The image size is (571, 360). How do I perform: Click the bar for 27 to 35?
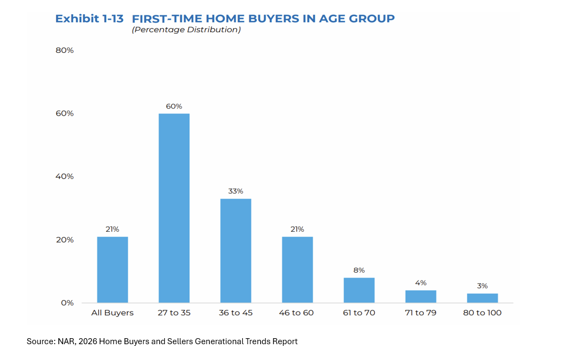[174, 208]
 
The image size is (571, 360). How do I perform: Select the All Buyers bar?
[112, 269]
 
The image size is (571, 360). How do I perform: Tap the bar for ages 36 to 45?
[236, 251]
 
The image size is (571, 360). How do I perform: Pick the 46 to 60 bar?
[298, 269]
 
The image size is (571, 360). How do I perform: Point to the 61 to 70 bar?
[359, 290]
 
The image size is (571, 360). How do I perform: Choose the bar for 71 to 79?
[420, 297]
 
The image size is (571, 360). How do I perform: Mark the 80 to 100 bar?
[483, 298]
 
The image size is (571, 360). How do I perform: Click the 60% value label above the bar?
[174, 106]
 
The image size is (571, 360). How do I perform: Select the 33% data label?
[236, 191]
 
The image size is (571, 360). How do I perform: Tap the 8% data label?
[359, 271]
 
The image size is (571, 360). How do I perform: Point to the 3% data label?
[483, 286]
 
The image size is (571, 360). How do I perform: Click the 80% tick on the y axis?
[64, 50]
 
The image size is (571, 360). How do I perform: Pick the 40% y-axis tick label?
[64, 176]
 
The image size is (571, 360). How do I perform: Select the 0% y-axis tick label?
[68, 303]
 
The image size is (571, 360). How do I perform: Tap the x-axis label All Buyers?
[112, 313]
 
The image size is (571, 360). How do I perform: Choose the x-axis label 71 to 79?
[420, 313]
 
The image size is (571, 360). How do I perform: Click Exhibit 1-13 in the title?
[89, 19]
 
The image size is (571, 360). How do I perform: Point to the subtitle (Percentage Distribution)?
[186, 30]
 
